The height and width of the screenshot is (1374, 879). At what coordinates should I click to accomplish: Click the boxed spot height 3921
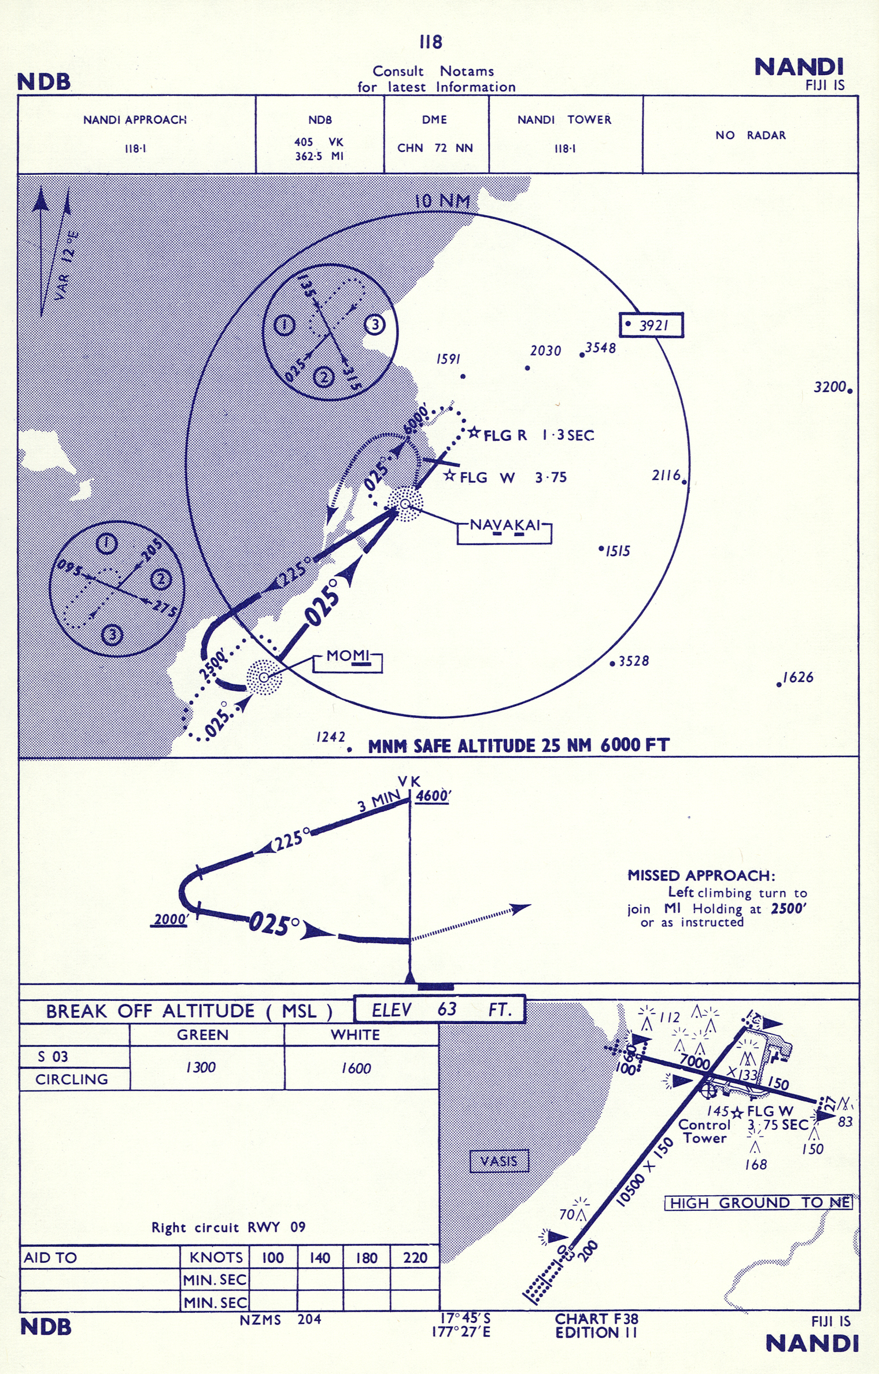(x=652, y=325)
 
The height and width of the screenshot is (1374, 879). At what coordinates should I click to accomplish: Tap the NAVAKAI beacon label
(x=505, y=525)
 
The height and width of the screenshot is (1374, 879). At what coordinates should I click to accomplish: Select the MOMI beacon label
(x=348, y=656)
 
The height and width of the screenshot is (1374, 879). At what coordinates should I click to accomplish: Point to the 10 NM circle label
(x=442, y=201)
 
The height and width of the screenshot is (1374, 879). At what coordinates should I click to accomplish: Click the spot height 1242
(x=331, y=737)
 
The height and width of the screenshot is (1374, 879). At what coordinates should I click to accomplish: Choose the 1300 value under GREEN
(x=201, y=1067)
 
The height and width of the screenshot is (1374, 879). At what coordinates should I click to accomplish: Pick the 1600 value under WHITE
(x=356, y=1068)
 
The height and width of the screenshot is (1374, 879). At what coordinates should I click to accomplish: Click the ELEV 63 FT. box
(x=440, y=1010)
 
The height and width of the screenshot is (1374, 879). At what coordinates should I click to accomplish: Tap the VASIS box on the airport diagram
(x=498, y=1161)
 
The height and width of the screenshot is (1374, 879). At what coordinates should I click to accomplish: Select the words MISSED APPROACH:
(x=701, y=875)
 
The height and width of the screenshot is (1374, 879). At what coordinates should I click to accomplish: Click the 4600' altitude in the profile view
(x=433, y=796)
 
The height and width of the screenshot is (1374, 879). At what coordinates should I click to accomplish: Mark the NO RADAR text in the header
(x=750, y=135)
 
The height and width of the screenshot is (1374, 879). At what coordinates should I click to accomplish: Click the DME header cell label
(x=434, y=120)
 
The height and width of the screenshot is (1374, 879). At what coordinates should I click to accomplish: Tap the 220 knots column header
(x=415, y=1257)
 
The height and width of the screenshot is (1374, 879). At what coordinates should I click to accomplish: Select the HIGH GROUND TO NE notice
(x=759, y=1203)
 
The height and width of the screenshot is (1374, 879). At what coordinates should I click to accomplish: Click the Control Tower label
(x=704, y=1131)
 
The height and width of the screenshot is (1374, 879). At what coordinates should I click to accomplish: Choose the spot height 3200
(x=829, y=387)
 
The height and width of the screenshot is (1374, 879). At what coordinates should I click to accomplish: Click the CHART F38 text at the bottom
(x=596, y=1318)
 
